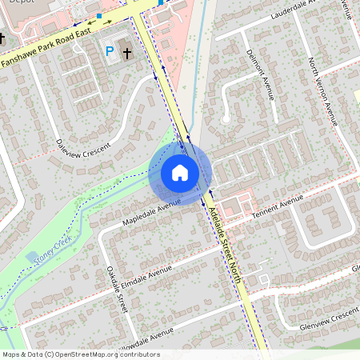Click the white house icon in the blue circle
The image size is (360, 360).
180,172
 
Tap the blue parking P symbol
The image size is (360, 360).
110,51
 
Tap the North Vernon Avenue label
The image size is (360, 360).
322,91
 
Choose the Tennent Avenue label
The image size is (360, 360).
278,206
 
